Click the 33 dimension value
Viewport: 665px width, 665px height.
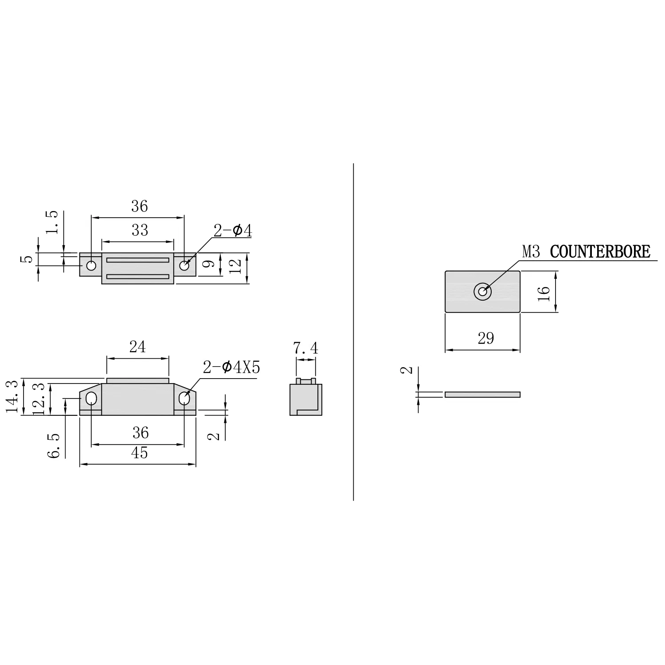click(139, 231)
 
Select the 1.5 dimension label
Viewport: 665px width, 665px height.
click(52, 222)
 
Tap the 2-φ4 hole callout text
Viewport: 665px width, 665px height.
click(233, 231)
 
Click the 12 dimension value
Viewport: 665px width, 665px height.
click(235, 266)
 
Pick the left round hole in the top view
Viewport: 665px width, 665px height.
click(91, 266)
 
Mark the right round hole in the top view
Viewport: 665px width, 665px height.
click(184, 266)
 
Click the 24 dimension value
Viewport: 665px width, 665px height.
click(137, 347)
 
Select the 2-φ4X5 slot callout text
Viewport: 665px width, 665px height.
click(231, 368)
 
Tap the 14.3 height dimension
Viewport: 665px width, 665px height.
click(13, 396)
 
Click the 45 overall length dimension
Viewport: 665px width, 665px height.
click(139, 453)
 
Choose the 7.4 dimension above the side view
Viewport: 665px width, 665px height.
click(305, 348)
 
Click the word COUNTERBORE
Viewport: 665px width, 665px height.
click(600, 252)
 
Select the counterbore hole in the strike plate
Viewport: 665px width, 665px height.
click(482, 292)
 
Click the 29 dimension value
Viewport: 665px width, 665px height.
click(486, 339)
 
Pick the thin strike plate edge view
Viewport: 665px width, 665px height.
click(482, 395)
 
